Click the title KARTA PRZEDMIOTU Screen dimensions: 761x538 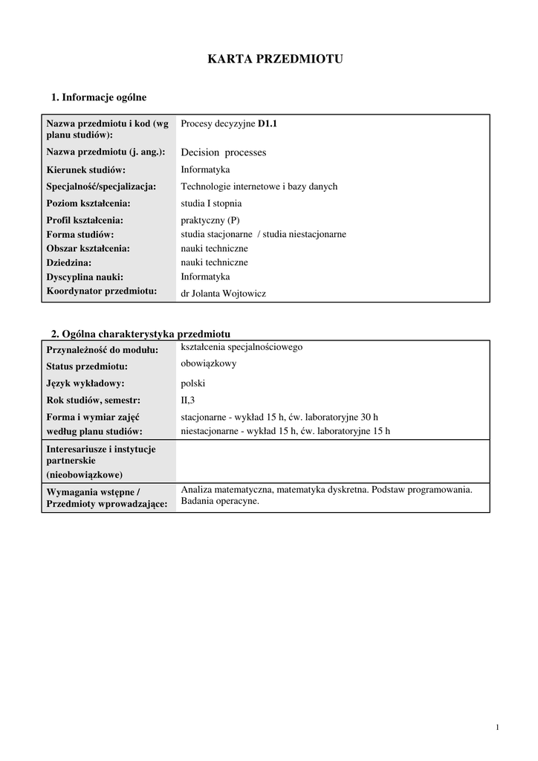coord(275,59)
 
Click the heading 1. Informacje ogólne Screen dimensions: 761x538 coord(99,97)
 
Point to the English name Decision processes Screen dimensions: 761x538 coord(224,152)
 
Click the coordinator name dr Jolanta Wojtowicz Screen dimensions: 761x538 coord(224,294)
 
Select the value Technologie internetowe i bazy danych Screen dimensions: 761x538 coord(259,187)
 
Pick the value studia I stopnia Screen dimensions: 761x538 coord(212,203)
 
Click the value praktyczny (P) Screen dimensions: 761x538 coord(210,220)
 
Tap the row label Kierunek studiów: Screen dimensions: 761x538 coord(86,170)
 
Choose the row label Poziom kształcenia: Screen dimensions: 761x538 coord(88,203)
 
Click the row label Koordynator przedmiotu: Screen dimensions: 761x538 coord(102,291)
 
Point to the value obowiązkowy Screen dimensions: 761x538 coord(210,363)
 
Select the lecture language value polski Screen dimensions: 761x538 coord(193,383)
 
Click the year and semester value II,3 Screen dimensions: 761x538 coord(188,401)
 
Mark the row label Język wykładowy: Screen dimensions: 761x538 coord(85,383)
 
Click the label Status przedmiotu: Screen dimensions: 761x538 coord(87,366)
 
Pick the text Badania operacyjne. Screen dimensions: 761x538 coord(221,501)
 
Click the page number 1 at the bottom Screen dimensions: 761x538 coord(497,727)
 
